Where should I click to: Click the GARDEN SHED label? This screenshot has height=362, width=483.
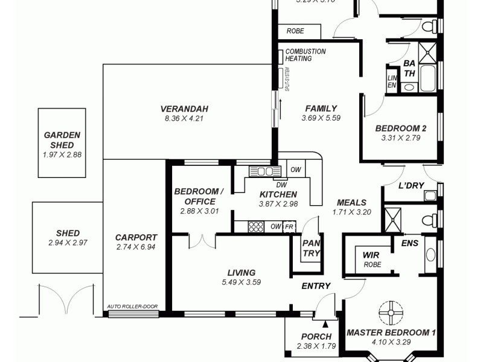(x=62, y=140)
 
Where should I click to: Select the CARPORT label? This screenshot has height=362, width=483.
(x=136, y=238)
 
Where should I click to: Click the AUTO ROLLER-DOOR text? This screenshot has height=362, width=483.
(x=132, y=306)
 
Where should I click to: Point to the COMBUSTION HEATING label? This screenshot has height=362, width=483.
(x=305, y=55)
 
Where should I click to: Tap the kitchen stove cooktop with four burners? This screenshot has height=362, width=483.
(x=256, y=227)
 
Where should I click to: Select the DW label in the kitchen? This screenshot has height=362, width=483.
(x=281, y=185)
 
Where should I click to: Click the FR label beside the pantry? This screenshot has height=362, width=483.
(x=290, y=227)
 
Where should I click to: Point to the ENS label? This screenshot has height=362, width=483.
(x=409, y=243)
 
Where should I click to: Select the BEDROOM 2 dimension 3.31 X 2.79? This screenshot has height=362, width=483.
(x=400, y=138)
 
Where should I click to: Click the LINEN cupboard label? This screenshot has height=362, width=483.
(x=391, y=81)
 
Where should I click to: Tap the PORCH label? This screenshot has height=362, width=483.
(x=316, y=337)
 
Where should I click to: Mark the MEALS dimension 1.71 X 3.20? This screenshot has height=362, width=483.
(x=351, y=212)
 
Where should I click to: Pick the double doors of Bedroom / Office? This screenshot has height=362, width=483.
(x=202, y=241)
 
